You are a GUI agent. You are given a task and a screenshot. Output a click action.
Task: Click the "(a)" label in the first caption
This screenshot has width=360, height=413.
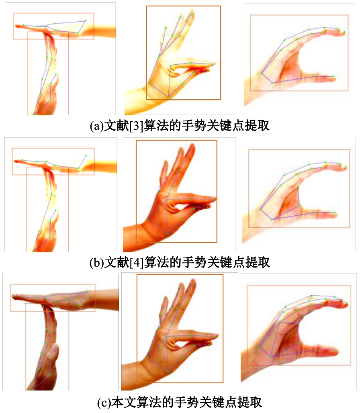[x=97, y=126]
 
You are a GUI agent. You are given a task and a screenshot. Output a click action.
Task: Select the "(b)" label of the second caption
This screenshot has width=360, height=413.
[x=97, y=262]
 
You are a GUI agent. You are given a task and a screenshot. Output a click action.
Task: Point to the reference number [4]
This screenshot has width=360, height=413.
[x=137, y=262]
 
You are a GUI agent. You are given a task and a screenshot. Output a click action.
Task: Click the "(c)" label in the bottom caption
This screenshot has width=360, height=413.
[x=104, y=403]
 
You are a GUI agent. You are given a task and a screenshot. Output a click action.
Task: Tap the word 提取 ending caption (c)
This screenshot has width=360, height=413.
[x=250, y=403]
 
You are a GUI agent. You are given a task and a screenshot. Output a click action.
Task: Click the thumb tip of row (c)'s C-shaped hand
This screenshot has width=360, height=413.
[x=336, y=352]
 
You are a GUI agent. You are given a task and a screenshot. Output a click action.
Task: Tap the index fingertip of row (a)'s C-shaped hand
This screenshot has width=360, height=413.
[x=344, y=33]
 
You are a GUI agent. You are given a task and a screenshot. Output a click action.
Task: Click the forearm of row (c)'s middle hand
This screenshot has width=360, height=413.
[x=133, y=374]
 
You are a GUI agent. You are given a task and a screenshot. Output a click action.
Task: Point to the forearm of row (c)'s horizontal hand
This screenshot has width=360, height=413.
[x=105, y=299]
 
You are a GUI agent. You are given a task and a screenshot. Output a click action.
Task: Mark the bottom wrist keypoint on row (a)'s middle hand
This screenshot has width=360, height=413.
[x=168, y=97]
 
